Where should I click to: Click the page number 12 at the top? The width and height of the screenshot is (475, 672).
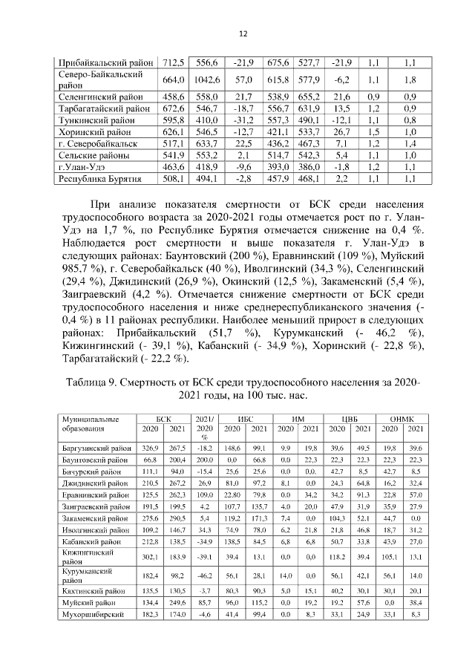click(242, 33)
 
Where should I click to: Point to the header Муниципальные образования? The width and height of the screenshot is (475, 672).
click(90, 425)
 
